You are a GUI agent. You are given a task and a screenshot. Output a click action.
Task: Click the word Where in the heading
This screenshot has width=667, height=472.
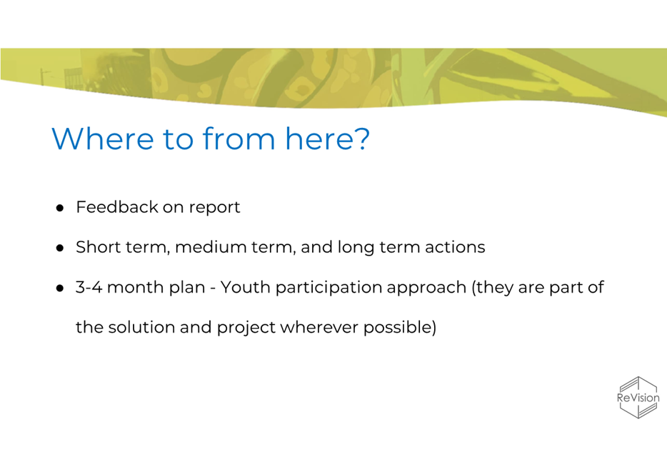click(x=103, y=139)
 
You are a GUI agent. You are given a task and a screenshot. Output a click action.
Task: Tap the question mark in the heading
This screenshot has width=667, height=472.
click(x=361, y=138)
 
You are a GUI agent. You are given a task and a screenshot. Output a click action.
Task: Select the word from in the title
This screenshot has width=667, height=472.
click(x=239, y=138)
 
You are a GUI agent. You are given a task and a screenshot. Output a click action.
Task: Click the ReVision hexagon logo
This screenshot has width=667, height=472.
click(x=638, y=398)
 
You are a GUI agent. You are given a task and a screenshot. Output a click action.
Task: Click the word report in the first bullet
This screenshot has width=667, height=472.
click(x=214, y=209)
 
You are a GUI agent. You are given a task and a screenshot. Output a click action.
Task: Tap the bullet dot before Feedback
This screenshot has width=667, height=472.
click(x=60, y=208)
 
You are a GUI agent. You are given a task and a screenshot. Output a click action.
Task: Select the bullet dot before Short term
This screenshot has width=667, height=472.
click(x=60, y=248)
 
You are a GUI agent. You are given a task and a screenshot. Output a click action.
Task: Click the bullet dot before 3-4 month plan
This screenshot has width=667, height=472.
click(x=60, y=288)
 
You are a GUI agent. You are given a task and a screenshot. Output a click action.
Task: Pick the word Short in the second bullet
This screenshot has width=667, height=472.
click(x=97, y=247)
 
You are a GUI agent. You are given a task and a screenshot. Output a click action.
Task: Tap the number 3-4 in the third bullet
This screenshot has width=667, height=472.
click(x=89, y=287)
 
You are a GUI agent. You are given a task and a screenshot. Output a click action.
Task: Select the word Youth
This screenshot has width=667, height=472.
click(x=246, y=287)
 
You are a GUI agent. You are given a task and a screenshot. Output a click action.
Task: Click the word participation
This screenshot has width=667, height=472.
click(x=329, y=288)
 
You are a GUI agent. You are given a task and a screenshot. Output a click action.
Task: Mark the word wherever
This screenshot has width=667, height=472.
click(x=319, y=328)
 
